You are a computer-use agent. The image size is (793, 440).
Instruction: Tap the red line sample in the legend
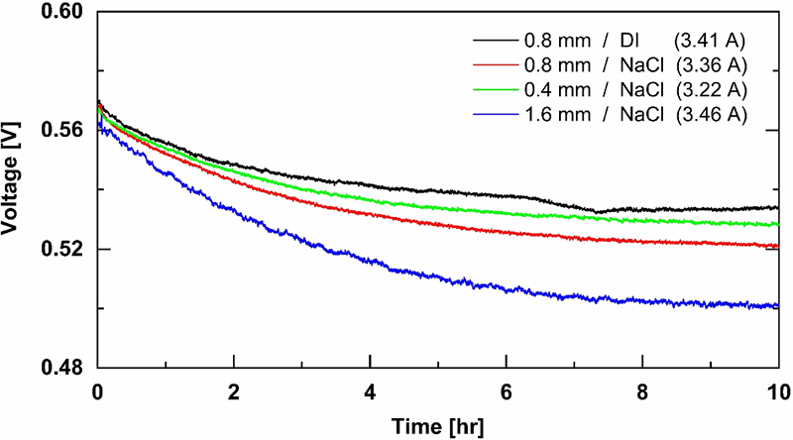[496, 66]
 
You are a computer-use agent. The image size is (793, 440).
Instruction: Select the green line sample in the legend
[496, 91]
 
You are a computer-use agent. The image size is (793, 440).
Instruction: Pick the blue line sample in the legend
[496, 116]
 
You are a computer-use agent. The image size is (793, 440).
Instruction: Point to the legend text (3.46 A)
[711, 116]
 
